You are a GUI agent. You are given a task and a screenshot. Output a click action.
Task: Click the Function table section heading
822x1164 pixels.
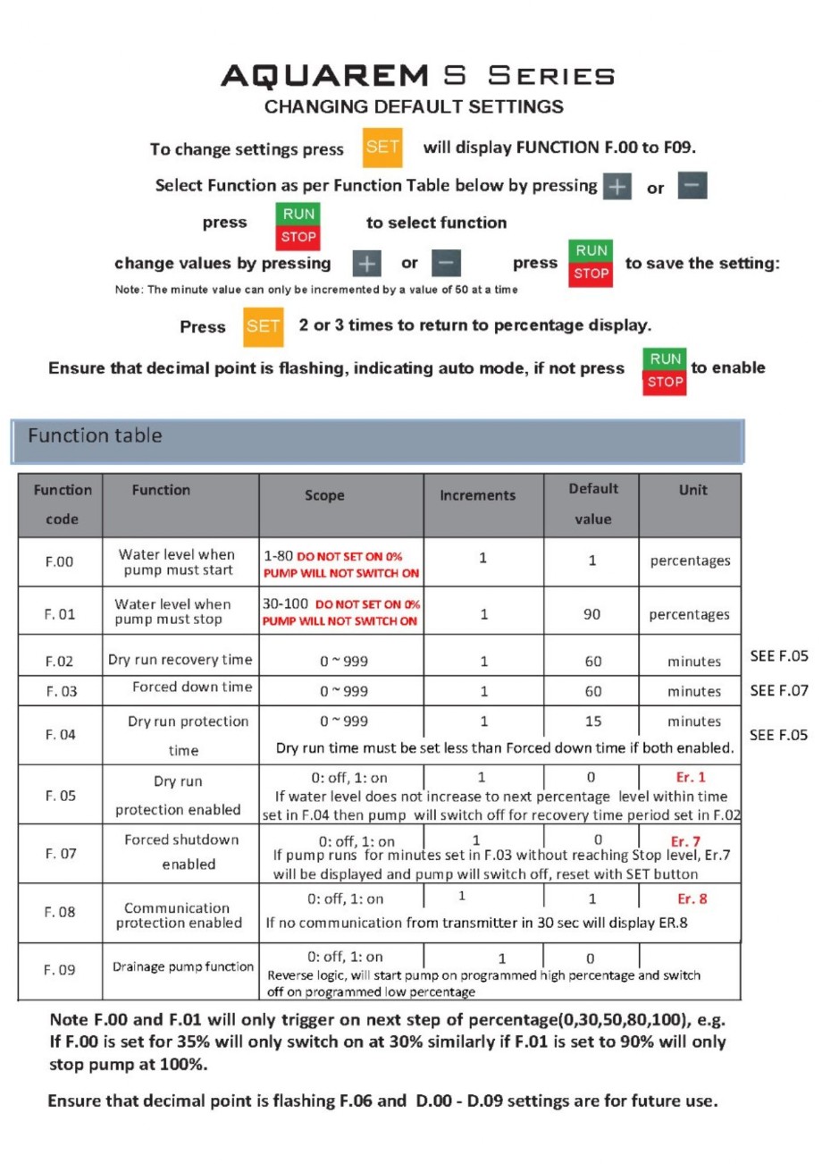point(95,436)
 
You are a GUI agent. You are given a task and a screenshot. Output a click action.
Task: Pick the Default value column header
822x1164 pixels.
point(593,503)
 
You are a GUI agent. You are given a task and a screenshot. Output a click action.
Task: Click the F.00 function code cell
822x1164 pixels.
point(60,563)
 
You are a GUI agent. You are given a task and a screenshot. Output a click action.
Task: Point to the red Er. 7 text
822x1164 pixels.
point(687,840)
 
